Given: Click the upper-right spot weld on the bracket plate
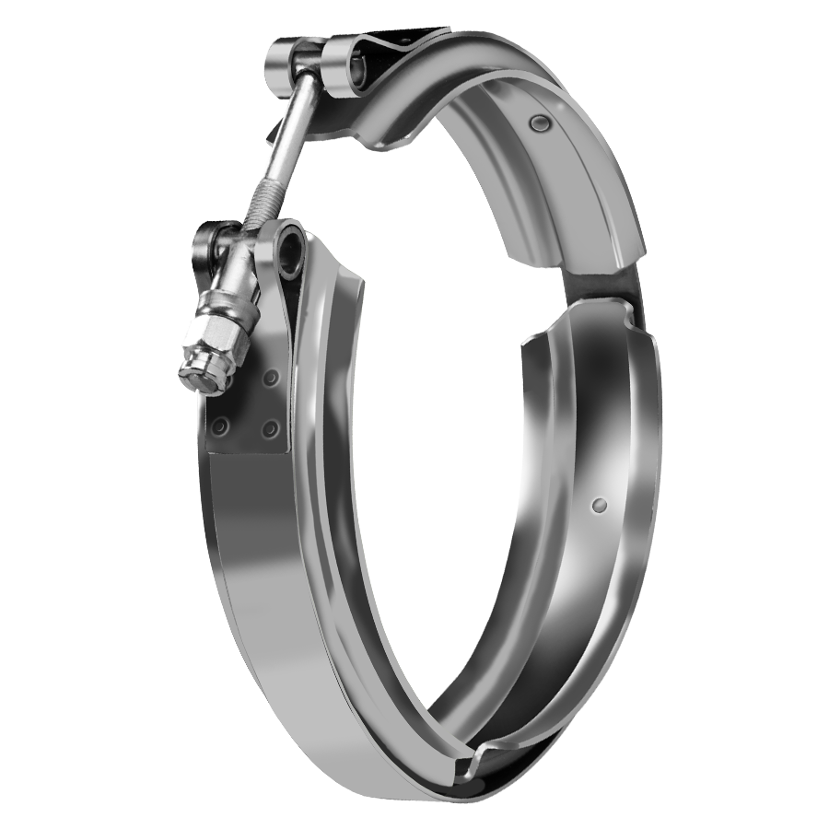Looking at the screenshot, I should [270, 379].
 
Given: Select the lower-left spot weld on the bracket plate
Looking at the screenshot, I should [220, 426].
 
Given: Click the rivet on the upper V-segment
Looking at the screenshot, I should [537, 123].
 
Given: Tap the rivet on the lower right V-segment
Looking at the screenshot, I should [600, 504].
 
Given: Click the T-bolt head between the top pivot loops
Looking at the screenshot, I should [309, 61].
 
